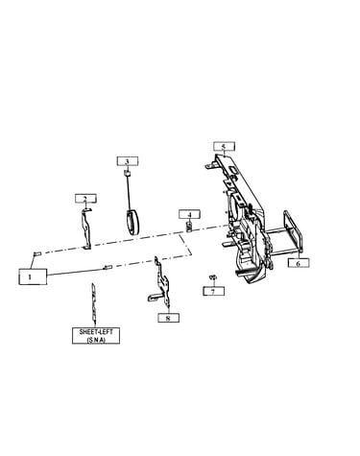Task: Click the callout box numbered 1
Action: click(x=33, y=276)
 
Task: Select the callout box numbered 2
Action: click(x=85, y=199)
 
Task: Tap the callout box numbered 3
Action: click(x=128, y=161)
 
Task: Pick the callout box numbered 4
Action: click(x=189, y=214)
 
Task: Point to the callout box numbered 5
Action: click(x=224, y=146)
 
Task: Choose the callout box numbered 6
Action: click(x=299, y=263)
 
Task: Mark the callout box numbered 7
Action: click(x=213, y=291)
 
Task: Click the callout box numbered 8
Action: click(x=168, y=318)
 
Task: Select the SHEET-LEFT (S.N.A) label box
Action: click(x=96, y=336)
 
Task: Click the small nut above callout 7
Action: click(x=213, y=276)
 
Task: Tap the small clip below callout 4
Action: click(x=189, y=227)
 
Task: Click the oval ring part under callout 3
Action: click(x=132, y=222)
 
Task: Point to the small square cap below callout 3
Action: click(x=127, y=173)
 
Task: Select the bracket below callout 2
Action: click(x=85, y=228)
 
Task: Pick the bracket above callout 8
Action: click(x=162, y=281)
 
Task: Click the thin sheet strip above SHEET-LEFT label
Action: click(x=93, y=302)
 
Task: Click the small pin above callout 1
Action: click(x=36, y=253)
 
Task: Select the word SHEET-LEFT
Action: click(x=96, y=332)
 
